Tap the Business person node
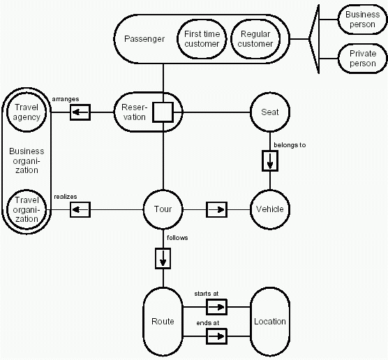click(362, 20)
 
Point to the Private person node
click(362, 59)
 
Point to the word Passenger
click(144, 39)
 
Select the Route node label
click(163, 321)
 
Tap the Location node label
click(270, 321)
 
